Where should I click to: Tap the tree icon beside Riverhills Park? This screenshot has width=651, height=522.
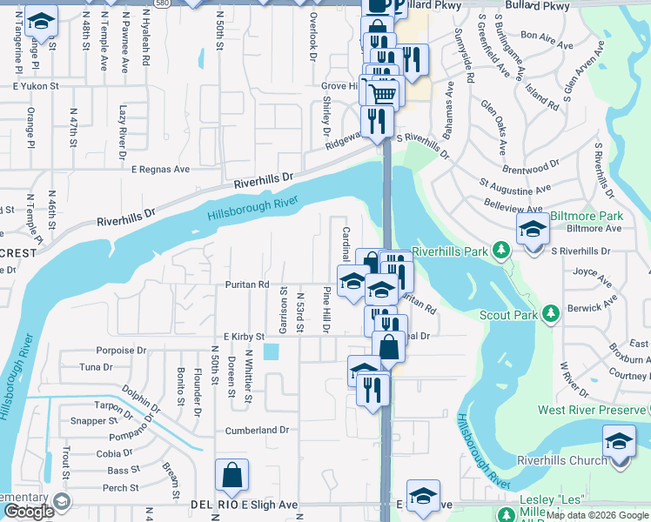[500, 251]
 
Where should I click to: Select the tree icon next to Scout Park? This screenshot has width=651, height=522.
[550, 313]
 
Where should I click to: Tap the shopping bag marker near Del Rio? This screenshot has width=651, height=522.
[232, 476]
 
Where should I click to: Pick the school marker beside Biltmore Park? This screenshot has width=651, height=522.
[532, 231]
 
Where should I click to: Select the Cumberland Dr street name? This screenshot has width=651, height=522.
[257, 430]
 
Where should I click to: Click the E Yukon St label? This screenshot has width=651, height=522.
[35, 87]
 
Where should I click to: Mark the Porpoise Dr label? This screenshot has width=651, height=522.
[121, 351]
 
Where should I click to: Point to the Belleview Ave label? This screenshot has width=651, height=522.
[517, 210]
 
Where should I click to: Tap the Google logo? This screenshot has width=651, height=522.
[29, 512]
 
